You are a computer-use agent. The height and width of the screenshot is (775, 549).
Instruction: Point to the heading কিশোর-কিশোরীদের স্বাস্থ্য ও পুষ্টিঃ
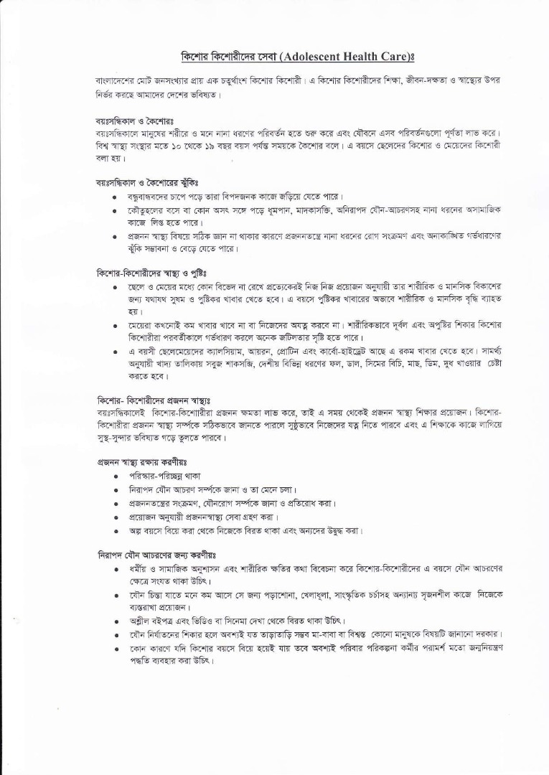coord(151,273)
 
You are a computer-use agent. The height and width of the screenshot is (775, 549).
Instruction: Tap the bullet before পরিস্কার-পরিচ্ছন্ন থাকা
coord(116,476)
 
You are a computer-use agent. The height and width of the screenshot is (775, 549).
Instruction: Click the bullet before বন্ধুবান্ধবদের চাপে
coord(116,197)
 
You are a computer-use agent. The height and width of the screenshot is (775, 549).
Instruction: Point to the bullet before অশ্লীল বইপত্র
coord(116,621)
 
